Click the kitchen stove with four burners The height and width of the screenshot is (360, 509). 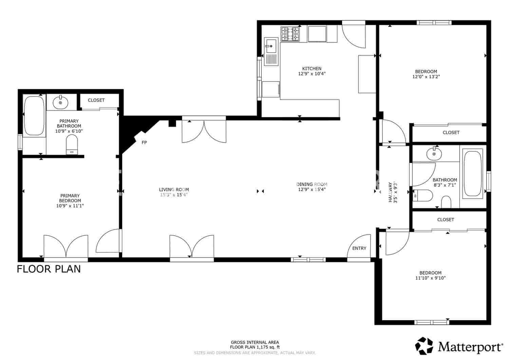pos(290,34)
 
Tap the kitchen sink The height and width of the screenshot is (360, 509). pos(271,46)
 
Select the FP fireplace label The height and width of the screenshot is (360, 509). pos(144,143)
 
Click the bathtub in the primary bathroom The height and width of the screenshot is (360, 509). pos(34,116)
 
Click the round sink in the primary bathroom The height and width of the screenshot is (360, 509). pos(60,102)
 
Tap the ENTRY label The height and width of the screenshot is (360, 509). pos(359,248)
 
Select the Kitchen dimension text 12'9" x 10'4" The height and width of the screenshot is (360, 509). pos(312,74)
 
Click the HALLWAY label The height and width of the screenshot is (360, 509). pos(390,192)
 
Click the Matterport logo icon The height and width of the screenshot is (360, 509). pos(425,346)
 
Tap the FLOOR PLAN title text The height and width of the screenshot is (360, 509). pos(49,269)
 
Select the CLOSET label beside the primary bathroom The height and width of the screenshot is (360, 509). pos(96,100)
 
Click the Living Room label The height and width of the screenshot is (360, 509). pos(174,190)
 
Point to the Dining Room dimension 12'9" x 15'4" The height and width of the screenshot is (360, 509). pos(312,190)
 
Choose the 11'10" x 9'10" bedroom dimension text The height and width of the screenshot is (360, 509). pos(430,278)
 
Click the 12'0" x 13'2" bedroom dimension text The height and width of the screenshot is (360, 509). pos(426,77)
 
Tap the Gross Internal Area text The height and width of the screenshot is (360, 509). pos(255,342)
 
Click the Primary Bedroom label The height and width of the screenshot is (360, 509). pos(70,198)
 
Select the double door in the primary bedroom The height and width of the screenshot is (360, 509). pos(66,247)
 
